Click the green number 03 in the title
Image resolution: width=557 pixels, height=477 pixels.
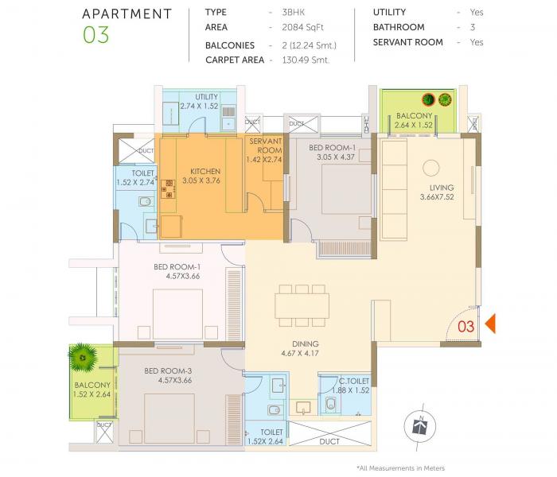pyautogui.click(x=95, y=36)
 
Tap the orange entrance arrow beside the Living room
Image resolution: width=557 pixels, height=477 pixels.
pyautogui.click(x=491, y=324)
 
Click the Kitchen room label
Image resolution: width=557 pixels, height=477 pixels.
pyautogui.click(x=205, y=171)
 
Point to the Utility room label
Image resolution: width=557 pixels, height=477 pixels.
pyautogui.click(x=207, y=97)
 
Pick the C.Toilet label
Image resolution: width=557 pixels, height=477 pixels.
pyautogui.click(x=354, y=381)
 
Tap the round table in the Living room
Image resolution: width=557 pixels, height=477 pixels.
pyautogui.click(x=430, y=168)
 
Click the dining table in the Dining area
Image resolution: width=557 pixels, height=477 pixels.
pyautogui.click(x=302, y=304)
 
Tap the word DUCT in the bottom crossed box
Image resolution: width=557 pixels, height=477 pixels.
pyautogui.click(x=329, y=442)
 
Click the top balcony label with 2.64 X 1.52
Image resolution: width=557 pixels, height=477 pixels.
pyautogui.click(x=414, y=116)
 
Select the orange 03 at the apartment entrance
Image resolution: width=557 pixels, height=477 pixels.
pyautogui.click(x=465, y=326)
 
